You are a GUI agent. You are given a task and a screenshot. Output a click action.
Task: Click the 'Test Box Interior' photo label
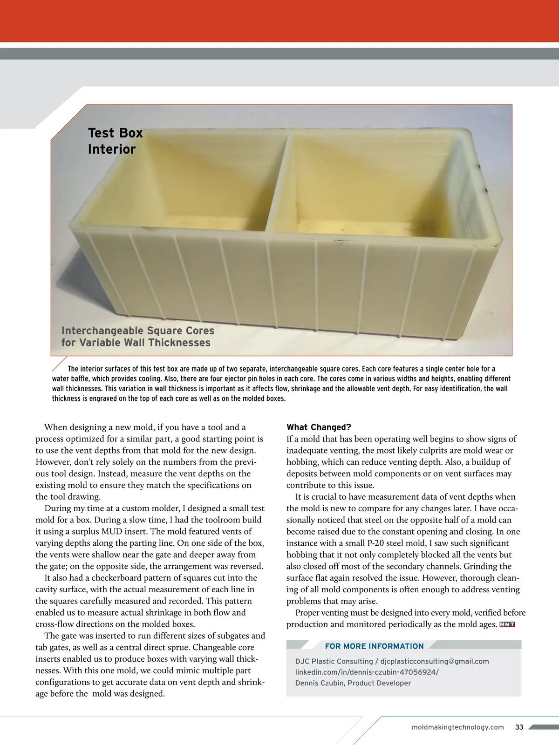115,141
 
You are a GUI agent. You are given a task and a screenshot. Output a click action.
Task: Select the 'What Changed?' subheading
319,427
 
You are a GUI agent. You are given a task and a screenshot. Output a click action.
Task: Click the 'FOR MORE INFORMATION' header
374,646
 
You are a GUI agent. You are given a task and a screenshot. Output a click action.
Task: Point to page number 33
519,727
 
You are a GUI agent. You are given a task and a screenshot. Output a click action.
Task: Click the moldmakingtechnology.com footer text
458,727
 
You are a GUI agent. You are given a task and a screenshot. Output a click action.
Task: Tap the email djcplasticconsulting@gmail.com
435,661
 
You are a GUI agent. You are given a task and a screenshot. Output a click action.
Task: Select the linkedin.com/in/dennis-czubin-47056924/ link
367,672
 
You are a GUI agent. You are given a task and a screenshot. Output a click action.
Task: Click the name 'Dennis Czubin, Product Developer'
353,683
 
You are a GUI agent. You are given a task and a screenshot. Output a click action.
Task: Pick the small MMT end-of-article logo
507,624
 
